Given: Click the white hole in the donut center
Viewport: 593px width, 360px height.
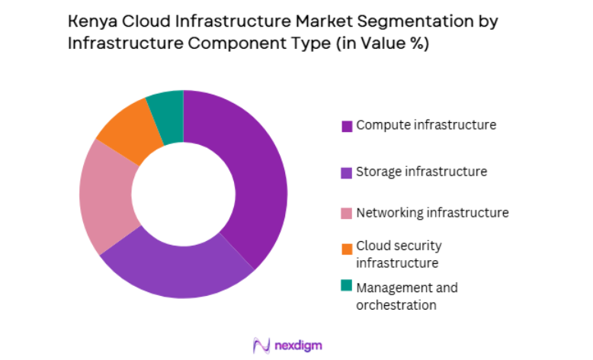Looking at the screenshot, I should (184, 194).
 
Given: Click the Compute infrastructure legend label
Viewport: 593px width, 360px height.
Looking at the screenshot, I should (426, 125).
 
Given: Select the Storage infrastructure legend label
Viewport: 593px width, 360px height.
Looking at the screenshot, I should (422, 172).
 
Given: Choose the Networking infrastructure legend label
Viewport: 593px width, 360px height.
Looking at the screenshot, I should (432, 212).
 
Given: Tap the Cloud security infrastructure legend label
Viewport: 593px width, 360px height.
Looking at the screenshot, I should (398, 254).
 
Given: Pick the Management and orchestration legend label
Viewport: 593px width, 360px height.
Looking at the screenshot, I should (407, 296).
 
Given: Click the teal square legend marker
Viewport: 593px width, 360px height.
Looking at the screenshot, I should (347, 286).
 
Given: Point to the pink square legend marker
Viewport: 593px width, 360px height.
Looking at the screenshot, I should (347, 213).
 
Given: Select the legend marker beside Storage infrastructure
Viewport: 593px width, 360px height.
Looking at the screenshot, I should (347, 172).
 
